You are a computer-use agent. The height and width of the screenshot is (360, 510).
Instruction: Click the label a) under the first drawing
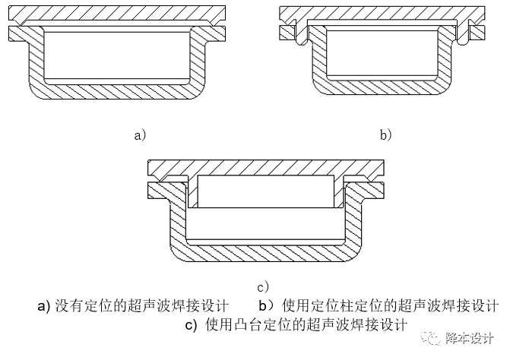[x=140, y=135]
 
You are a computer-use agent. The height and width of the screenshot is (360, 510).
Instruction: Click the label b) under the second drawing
[x=386, y=135]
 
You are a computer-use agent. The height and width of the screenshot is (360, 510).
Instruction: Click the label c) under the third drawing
[x=263, y=287]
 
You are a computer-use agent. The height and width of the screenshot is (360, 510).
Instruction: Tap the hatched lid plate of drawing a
[x=117, y=13]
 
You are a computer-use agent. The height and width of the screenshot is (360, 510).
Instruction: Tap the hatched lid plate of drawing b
[x=382, y=12]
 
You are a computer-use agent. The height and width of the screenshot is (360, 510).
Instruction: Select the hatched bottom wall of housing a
[x=117, y=91]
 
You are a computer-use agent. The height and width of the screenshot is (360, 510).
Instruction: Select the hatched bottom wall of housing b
[x=382, y=87]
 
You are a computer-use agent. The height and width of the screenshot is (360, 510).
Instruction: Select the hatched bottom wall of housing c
[x=266, y=252]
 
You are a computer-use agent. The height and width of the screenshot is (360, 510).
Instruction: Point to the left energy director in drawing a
[x=21, y=23]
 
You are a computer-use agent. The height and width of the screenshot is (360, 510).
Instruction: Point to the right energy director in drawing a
[x=214, y=23]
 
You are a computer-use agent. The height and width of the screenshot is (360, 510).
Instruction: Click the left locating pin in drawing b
[x=300, y=32]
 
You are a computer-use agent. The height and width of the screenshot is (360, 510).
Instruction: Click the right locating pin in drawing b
[x=464, y=32]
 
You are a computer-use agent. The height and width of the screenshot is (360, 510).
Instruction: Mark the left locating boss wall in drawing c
[x=193, y=191]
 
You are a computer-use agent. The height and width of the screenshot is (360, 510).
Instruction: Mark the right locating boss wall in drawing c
[x=339, y=191]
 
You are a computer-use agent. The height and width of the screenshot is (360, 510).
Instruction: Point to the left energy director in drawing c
[x=160, y=178]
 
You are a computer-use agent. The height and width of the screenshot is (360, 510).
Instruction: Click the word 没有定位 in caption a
[x=84, y=306]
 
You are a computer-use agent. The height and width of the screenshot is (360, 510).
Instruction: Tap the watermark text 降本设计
[x=470, y=338]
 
